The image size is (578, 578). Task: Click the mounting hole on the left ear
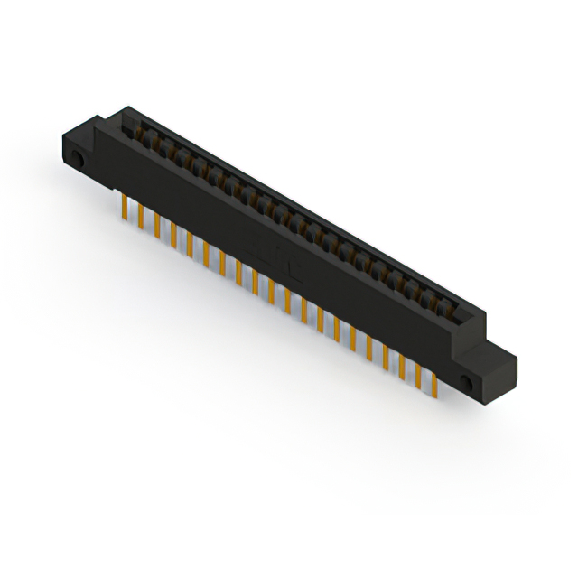(79, 160)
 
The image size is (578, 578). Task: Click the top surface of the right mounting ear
(492, 351)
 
